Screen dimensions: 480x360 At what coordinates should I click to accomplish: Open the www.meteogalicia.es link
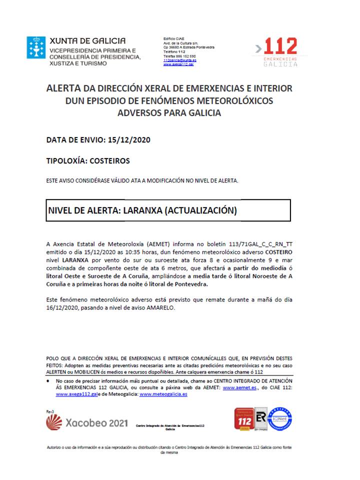(x=163, y=394)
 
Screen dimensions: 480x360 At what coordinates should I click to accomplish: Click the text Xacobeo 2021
(x=95, y=423)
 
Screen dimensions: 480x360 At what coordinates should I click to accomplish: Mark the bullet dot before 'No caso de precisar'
(x=47, y=380)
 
